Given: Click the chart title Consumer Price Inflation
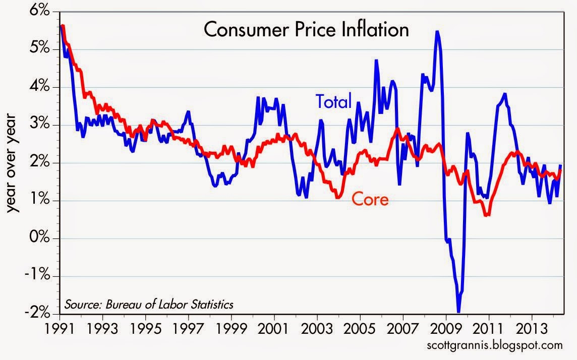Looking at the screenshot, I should coord(306,30).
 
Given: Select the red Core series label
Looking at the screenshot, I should coord(370,199).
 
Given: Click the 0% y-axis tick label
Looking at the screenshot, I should coord(44,238).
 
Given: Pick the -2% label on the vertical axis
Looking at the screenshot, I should coord(42,314).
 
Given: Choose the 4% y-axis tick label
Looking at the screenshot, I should coord(44,87).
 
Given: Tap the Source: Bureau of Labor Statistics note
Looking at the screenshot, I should coord(148,305).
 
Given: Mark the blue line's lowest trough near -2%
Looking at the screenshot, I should coord(458,311).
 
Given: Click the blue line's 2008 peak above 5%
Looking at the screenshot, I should coord(437,32).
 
